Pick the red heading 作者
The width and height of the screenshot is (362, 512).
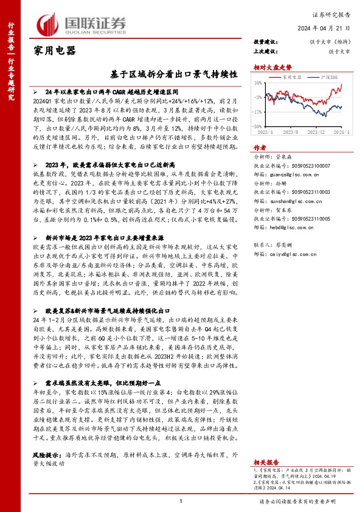click(x=260, y=148)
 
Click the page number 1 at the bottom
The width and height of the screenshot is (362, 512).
click(x=181, y=500)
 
